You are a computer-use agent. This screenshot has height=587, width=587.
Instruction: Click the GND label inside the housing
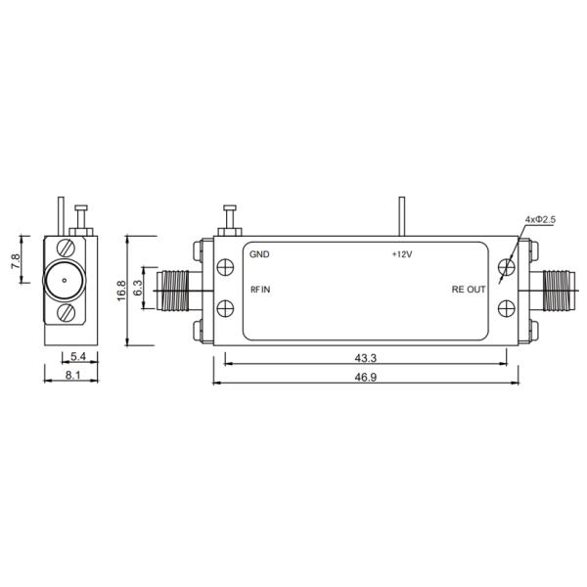tap(259, 254)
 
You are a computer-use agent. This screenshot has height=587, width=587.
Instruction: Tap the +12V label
tap(402, 254)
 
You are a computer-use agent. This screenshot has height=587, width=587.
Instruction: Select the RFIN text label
tap(261, 290)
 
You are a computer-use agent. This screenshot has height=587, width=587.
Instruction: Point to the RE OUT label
tap(468, 290)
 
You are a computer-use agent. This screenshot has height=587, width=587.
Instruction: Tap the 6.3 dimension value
tap(138, 288)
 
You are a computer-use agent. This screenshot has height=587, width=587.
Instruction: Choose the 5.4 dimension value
tap(78, 355)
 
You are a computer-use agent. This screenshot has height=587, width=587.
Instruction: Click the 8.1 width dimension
tap(71, 376)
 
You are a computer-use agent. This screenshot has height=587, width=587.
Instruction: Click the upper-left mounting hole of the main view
tap(224, 268)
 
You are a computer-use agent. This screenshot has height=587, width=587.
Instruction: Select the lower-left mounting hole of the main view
tap(224, 307)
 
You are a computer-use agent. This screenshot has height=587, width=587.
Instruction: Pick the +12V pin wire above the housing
tap(401, 216)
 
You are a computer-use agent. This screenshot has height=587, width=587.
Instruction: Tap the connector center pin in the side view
tap(63, 281)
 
